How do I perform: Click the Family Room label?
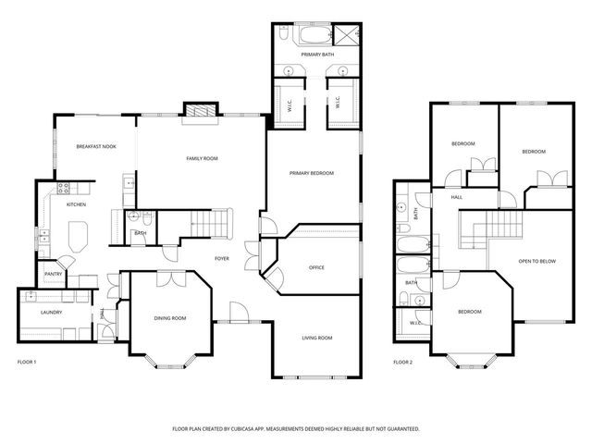click(x=202, y=158)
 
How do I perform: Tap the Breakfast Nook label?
click(x=96, y=146)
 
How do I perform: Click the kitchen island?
click(x=78, y=237)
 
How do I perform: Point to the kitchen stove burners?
click(x=63, y=188)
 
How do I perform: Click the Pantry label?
click(x=54, y=274)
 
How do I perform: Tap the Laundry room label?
click(x=52, y=313)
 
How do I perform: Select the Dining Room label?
click(x=170, y=318)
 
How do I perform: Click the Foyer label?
click(x=222, y=259)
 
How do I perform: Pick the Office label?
click(x=316, y=267)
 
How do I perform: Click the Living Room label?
click(x=317, y=338)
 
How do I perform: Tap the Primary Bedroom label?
click(x=312, y=173)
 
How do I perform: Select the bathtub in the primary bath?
click(x=315, y=35)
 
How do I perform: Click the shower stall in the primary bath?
click(x=347, y=35)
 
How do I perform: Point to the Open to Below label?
click(x=537, y=261)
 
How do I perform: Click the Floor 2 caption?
click(x=403, y=363)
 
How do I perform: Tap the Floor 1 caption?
click(x=27, y=363)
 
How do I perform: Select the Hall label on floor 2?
click(x=456, y=197)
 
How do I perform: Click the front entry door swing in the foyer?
click(x=240, y=312)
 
